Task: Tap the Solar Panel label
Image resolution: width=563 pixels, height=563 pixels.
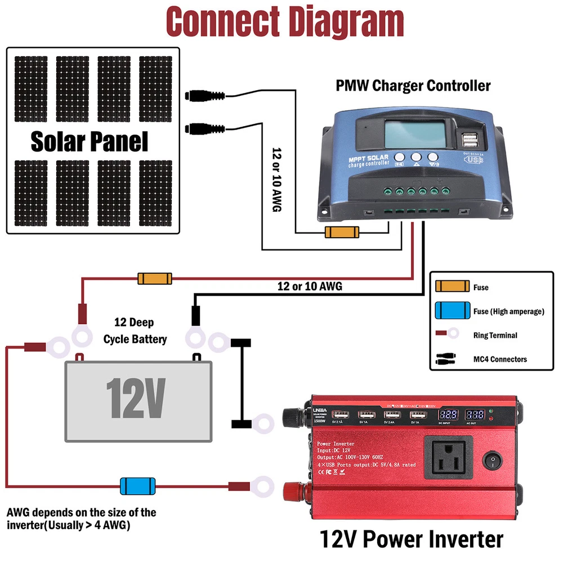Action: (90, 141)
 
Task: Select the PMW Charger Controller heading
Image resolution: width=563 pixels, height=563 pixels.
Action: (413, 86)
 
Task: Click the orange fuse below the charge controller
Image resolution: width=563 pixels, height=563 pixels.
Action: (342, 232)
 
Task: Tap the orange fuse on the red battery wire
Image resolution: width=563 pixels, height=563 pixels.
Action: (155, 278)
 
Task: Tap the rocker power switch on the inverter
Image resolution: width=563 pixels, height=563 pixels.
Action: (495, 462)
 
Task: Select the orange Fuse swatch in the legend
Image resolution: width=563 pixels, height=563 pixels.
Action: (453, 287)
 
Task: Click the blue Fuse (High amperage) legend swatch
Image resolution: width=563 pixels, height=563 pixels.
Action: (453, 311)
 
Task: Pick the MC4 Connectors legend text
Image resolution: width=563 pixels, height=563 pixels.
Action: (500, 359)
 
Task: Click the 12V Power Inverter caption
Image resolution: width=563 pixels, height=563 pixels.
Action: (412, 539)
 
